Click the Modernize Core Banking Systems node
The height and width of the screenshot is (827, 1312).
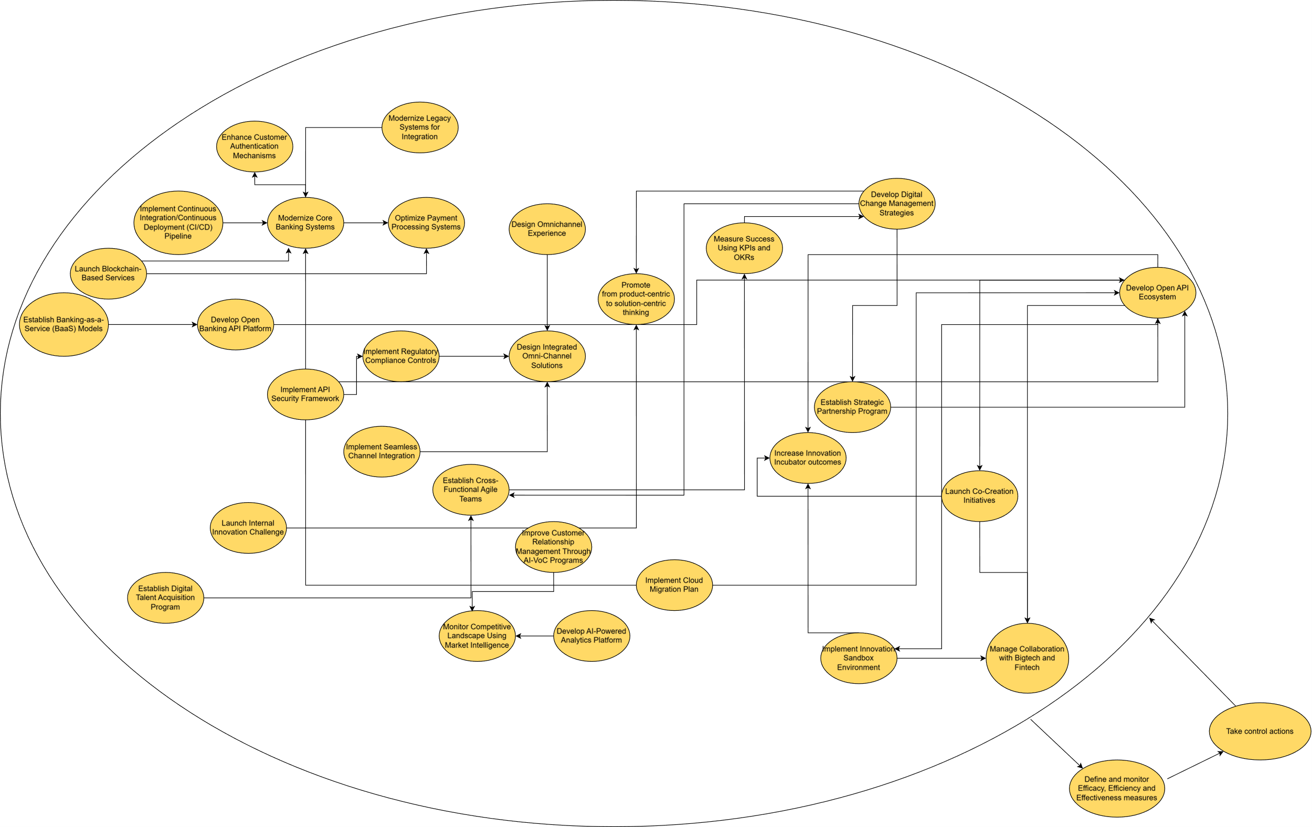tap(305, 222)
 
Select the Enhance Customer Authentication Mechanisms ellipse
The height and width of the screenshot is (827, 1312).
tap(255, 146)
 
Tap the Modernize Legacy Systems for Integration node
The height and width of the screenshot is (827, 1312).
tap(419, 127)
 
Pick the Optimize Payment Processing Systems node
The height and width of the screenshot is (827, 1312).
tap(426, 222)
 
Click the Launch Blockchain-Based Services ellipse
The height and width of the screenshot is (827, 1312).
tap(108, 273)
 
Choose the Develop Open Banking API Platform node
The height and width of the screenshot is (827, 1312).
tap(236, 324)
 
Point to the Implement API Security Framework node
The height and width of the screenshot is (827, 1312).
tap(305, 394)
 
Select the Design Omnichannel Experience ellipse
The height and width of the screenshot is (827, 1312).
tap(546, 229)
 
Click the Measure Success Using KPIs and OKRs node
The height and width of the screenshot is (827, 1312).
tap(744, 248)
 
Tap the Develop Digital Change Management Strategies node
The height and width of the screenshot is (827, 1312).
tap(896, 203)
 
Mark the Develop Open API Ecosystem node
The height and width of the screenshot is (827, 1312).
tap(1157, 293)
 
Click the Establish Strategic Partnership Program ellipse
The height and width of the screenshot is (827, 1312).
tap(852, 407)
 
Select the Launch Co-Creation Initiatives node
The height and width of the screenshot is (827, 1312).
tap(979, 496)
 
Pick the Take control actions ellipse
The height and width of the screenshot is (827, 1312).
tap(1260, 731)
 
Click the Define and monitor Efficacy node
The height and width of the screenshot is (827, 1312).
tap(1116, 788)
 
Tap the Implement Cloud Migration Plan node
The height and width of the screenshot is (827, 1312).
tap(674, 585)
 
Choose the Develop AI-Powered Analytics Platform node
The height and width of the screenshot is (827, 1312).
tap(591, 636)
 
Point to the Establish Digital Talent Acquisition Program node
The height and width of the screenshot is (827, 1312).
tap(165, 598)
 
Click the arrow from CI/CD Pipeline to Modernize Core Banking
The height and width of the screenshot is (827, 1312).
tap(245, 223)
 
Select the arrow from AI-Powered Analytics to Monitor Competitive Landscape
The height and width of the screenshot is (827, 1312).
tap(534, 636)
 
